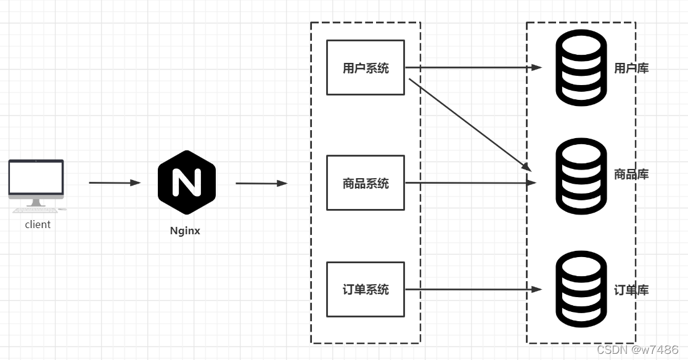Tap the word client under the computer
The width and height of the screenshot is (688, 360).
click(38, 225)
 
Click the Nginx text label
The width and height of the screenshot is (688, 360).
click(185, 232)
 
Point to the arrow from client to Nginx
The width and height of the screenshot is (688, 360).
click(115, 182)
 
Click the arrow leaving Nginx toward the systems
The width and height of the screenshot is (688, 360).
click(261, 183)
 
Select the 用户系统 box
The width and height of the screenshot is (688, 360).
click(366, 68)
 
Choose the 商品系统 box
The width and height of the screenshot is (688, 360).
click(366, 183)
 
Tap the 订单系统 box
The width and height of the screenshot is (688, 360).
click(366, 289)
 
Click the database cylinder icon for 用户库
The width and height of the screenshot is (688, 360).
click(581, 68)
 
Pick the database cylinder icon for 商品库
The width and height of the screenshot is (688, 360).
click(581, 176)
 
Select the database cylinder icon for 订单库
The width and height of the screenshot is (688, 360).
click(581, 290)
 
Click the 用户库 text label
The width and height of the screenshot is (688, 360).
click(631, 68)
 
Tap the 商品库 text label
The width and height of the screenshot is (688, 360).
click(631, 174)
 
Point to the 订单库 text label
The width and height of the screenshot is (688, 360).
click(631, 290)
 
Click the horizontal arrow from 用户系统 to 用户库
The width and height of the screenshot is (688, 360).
click(473, 68)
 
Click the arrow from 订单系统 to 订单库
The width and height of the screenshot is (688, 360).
click(473, 289)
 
